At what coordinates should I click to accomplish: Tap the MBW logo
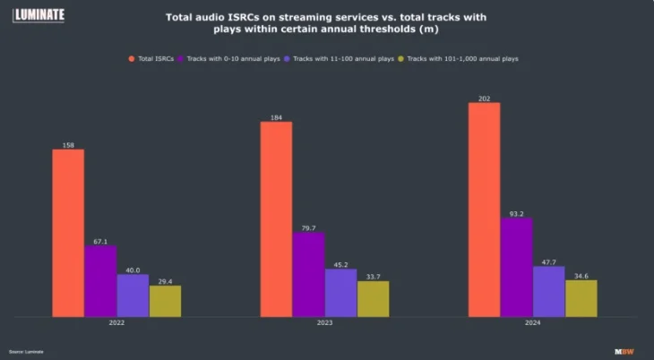coord(624,351)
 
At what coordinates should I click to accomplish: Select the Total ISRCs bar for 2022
coord(68,233)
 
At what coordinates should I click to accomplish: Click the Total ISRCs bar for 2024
coord(485,210)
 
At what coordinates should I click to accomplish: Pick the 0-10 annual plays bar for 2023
coord(308,274)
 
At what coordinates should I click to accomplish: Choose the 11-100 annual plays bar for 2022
coord(133,295)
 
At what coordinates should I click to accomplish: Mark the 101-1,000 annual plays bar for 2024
coord(581,298)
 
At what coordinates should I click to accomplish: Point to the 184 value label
coord(276,116)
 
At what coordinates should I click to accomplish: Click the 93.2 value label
coord(517,213)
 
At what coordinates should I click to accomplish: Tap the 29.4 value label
coord(165,280)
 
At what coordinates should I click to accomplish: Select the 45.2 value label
coord(340,264)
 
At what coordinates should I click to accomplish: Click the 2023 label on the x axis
coord(324,325)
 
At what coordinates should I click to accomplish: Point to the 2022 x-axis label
coord(116,325)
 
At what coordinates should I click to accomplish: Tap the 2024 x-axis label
coord(533,325)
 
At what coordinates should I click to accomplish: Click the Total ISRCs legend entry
coord(154,58)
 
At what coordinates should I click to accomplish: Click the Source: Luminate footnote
coord(27,351)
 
